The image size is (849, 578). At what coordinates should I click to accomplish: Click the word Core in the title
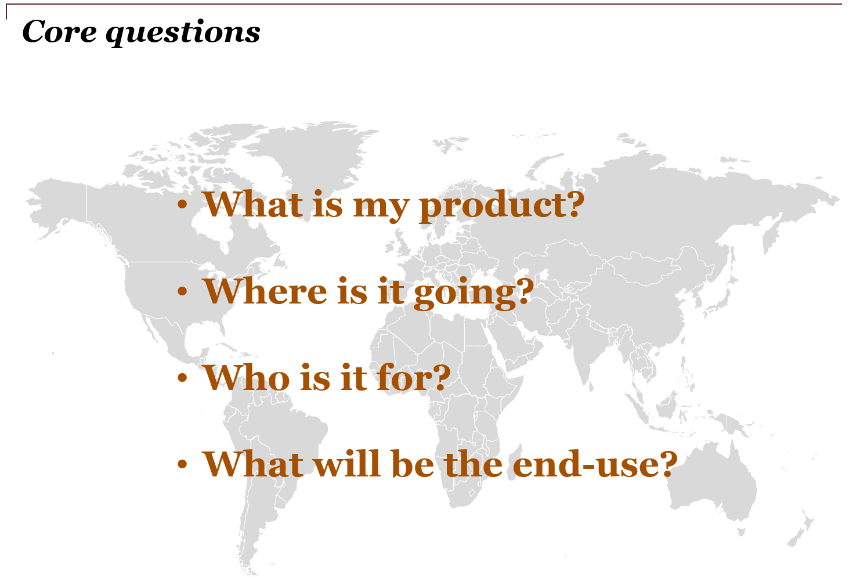[x=60, y=31]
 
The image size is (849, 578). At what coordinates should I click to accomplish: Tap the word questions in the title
[x=183, y=33]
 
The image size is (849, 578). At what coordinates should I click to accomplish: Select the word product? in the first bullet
[x=501, y=207]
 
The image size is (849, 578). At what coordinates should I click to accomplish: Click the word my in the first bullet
[x=381, y=209]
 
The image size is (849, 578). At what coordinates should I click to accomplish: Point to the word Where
[x=265, y=291]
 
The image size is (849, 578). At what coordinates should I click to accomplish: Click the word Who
[x=247, y=378]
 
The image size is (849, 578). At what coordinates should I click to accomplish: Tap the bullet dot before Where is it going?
[x=182, y=291]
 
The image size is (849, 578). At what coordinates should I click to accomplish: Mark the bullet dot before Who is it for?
[x=182, y=378]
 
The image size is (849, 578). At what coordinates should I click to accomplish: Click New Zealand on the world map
[x=800, y=527]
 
